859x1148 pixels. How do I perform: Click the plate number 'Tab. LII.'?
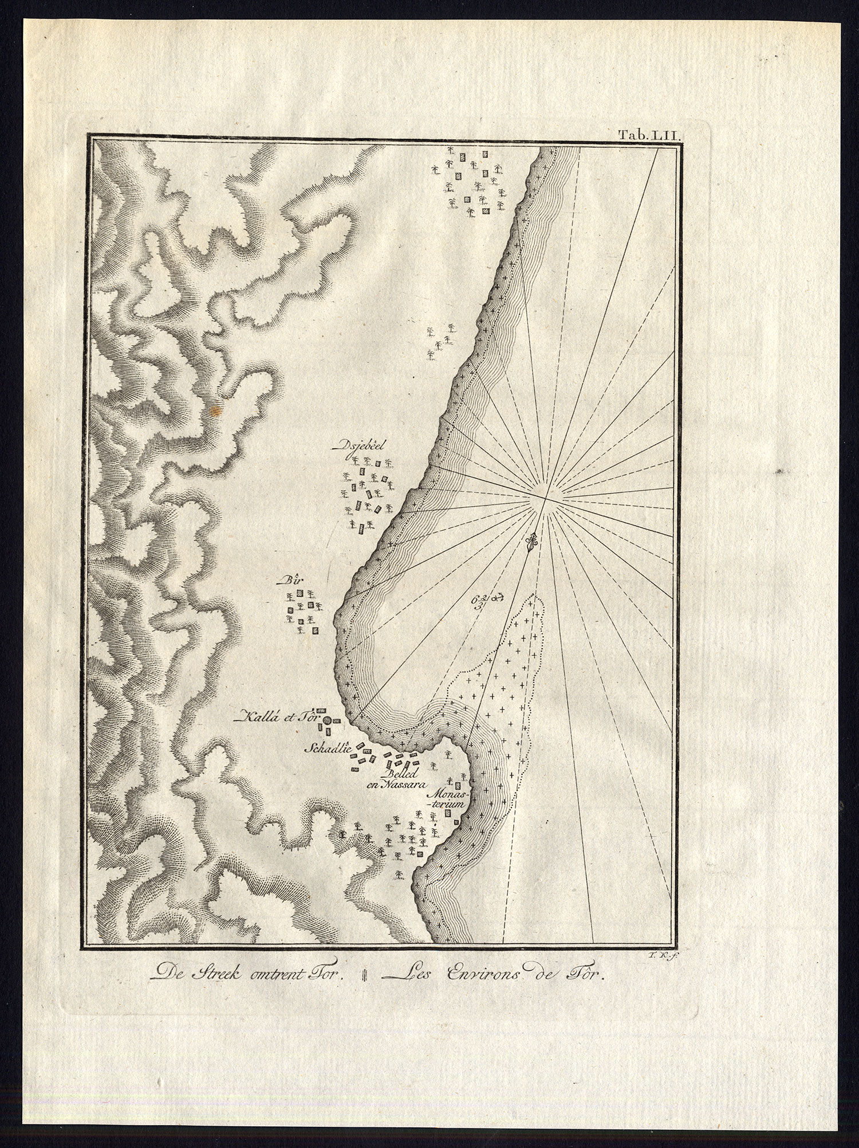point(648,136)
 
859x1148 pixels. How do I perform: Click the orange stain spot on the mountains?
point(215,410)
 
